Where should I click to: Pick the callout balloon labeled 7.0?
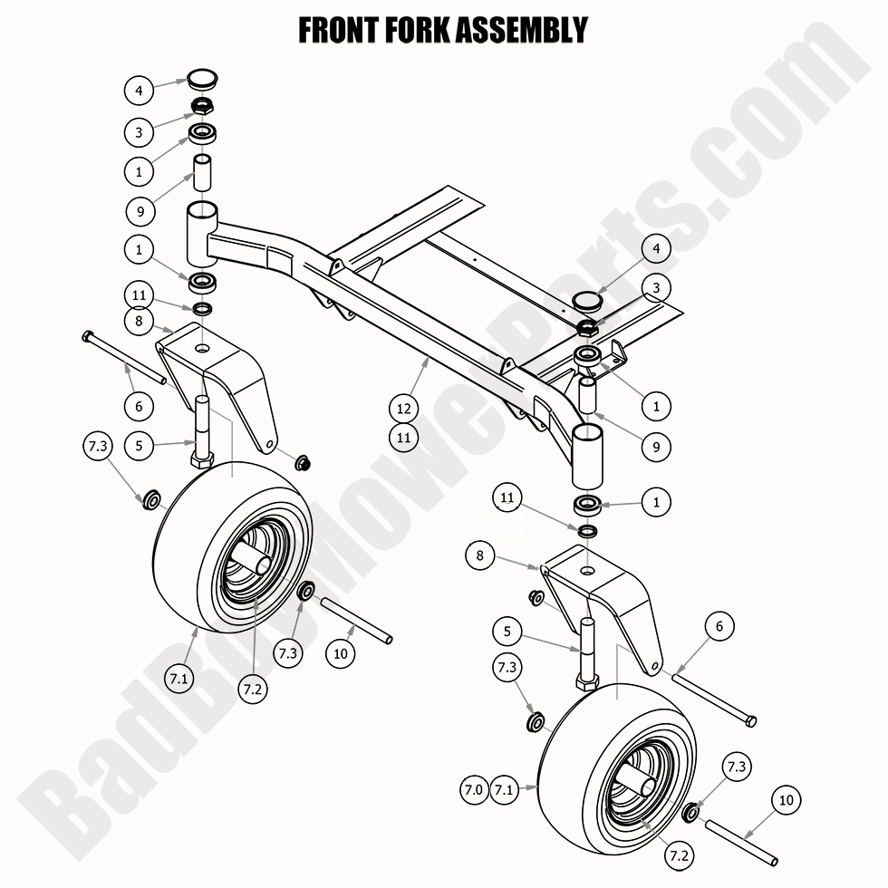point(474,790)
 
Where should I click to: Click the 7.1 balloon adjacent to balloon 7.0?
point(506,790)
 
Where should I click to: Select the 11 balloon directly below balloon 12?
point(404,437)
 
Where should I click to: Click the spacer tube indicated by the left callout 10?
point(358,621)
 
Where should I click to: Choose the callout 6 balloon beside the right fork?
point(719,626)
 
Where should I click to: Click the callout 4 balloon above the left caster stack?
point(139,91)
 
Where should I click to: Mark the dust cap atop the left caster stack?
point(200,77)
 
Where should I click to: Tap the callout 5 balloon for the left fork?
point(139,445)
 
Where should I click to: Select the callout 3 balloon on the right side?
point(656,288)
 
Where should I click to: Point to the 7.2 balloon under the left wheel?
point(254,688)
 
